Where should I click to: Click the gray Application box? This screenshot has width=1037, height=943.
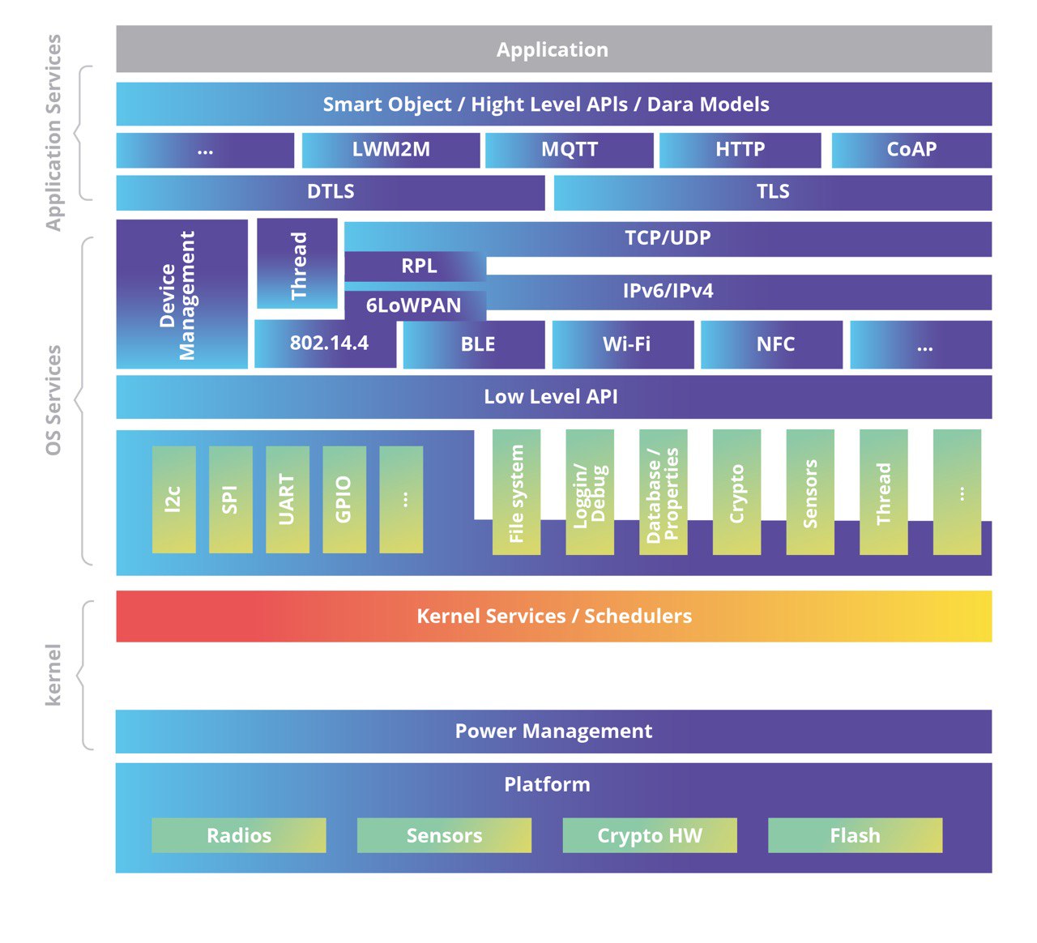tap(553, 49)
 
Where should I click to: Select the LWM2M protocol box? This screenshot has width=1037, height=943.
tap(390, 150)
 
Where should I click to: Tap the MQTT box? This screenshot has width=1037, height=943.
tap(569, 150)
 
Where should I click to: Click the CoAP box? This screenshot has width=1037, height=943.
tap(911, 150)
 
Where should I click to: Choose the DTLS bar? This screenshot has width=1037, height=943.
tap(331, 192)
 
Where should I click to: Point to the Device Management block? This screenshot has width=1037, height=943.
tap(181, 294)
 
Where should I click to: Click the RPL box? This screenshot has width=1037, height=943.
tap(416, 266)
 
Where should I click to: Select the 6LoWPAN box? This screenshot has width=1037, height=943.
tap(415, 305)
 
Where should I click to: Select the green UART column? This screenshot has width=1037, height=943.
tap(287, 499)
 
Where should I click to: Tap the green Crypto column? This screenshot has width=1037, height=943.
tap(736, 493)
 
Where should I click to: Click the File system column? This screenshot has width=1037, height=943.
tap(516, 493)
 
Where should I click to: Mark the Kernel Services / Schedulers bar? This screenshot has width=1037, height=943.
tap(553, 617)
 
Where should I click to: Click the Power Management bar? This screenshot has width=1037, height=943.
tap(553, 732)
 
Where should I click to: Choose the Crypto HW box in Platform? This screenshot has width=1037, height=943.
tap(650, 835)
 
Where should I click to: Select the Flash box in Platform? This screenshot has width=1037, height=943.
tap(855, 835)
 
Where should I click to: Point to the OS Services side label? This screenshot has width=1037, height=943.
tap(53, 400)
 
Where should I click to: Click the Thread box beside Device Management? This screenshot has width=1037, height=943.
tap(297, 264)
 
